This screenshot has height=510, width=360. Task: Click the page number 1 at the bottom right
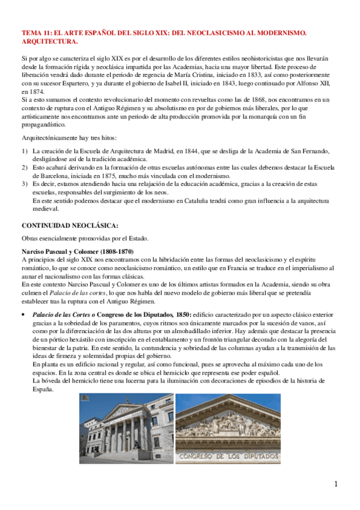point(336,484)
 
